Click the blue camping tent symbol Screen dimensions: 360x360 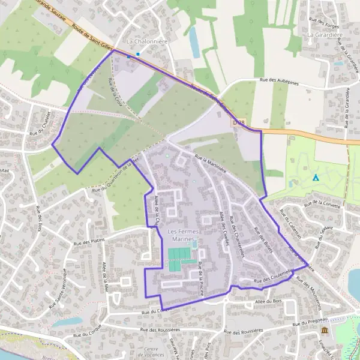coord(316,178)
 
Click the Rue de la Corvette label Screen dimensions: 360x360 coord(323,203)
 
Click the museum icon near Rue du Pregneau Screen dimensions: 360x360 coord(325,331)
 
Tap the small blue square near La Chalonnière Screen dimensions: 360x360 coord(137,55)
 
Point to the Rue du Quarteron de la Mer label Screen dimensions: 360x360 coord(115,177)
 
